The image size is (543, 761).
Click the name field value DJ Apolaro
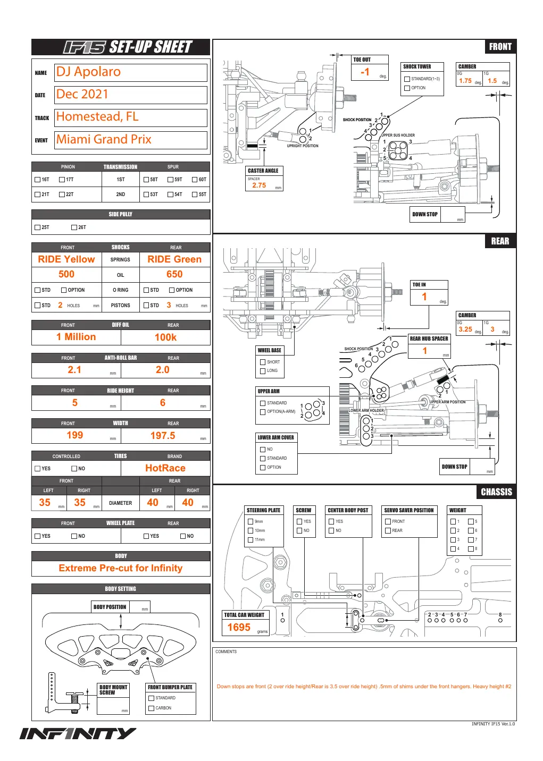(x=88, y=72)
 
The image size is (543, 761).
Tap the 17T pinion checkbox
(x=62, y=180)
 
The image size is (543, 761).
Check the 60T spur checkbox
(x=195, y=180)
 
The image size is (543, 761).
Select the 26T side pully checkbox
(x=74, y=227)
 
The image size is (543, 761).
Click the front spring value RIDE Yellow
(x=66, y=259)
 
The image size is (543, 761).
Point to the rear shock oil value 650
(x=174, y=274)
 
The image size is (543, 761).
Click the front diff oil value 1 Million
(x=76, y=337)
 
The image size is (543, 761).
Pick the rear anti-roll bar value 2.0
(x=163, y=370)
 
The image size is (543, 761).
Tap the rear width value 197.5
(x=163, y=436)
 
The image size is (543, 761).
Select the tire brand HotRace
(x=165, y=468)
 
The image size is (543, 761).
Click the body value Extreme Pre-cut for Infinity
(x=121, y=568)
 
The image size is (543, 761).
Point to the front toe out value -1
(x=364, y=72)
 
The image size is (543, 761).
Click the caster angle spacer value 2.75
(x=259, y=185)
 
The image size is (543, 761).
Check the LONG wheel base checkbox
(x=263, y=371)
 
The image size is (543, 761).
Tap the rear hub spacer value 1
(x=425, y=351)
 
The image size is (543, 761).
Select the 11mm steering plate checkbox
(x=250, y=540)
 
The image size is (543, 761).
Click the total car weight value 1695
(x=239, y=627)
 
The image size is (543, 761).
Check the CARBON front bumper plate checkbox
(x=151, y=708)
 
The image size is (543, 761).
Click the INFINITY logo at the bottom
(x=78, y=733)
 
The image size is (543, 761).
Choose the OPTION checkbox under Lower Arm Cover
(x=263, y=468)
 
